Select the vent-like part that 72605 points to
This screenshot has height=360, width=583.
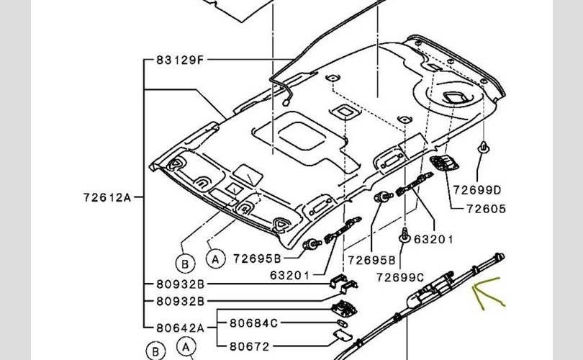coord(440,164)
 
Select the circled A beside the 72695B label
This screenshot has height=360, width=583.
coord(214,256)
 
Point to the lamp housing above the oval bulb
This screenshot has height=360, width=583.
coord(340,308)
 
